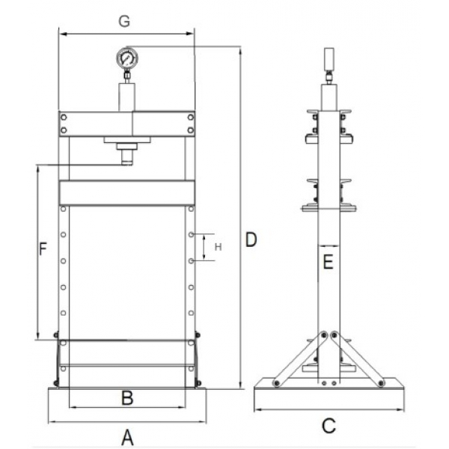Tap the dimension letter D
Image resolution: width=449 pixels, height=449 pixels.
pyautogui.click(x=251, y=240)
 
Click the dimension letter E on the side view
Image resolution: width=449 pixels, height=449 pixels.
pyautogui.click(x=327, y=262)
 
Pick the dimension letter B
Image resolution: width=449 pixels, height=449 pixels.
pyautogui.click(x=127, y=397)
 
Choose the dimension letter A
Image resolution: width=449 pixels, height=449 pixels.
pyautogui.click(x=126, y=436)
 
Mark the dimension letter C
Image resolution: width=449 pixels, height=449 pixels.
pyautogui.click(x=328, y=426)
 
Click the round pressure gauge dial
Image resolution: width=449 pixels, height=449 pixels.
pyautogui.click(x=126, y=58)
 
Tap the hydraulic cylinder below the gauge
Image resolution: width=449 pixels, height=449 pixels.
pyautogui.click(x=126, y=98)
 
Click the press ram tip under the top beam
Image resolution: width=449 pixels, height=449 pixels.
pyautogui.click(x=126, y=158)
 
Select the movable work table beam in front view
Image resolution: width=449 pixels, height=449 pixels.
pyautogui.click(x=126, y=193)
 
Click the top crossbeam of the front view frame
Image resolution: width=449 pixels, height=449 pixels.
pyautogui.click(x=126, y=123)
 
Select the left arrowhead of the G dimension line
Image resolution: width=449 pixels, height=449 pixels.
pyautogui.click(x=63, y=34)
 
